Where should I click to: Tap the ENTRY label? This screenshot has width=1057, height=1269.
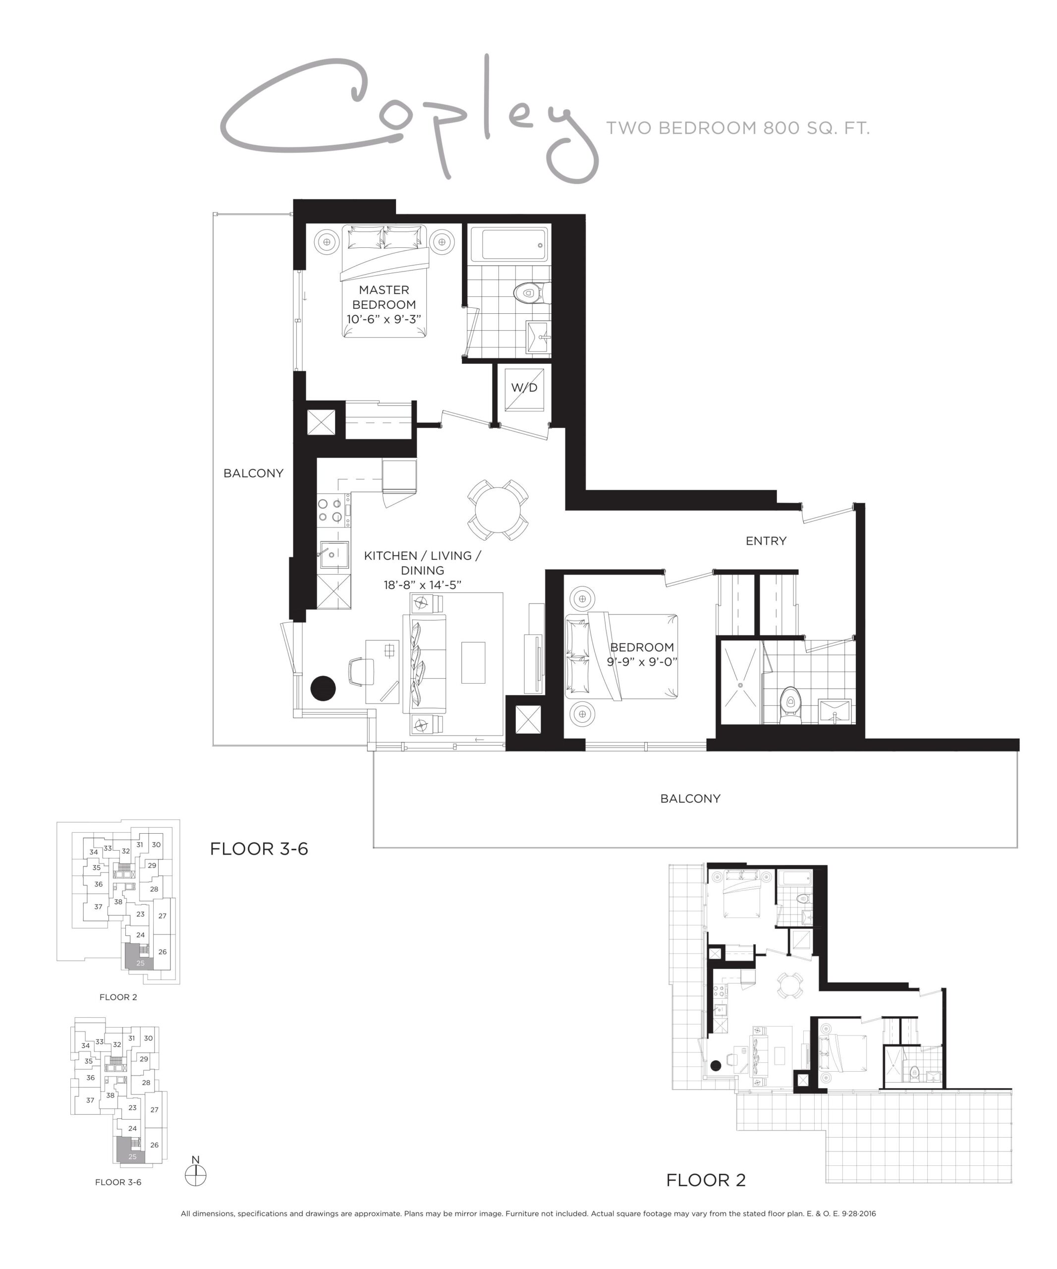[x=766, y=541]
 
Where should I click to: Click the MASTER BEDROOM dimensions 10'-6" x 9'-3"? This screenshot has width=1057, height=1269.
[x=384, y=319]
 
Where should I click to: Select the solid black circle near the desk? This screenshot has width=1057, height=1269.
[x=323, y=688]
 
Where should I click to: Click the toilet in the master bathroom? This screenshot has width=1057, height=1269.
[x=530, y=293]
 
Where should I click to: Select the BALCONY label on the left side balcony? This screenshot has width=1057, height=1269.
[x=253, y=473]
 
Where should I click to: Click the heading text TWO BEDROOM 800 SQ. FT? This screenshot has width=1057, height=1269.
[x=737, y=128]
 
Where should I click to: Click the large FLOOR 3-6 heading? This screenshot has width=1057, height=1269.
[x=259, y=849]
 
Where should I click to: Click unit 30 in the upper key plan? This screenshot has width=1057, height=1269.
[x=156, y=845]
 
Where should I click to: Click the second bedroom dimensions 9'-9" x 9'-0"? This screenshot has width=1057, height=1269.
[x=642, y=662]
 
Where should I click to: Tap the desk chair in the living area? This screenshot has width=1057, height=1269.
[x=361, y=671]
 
